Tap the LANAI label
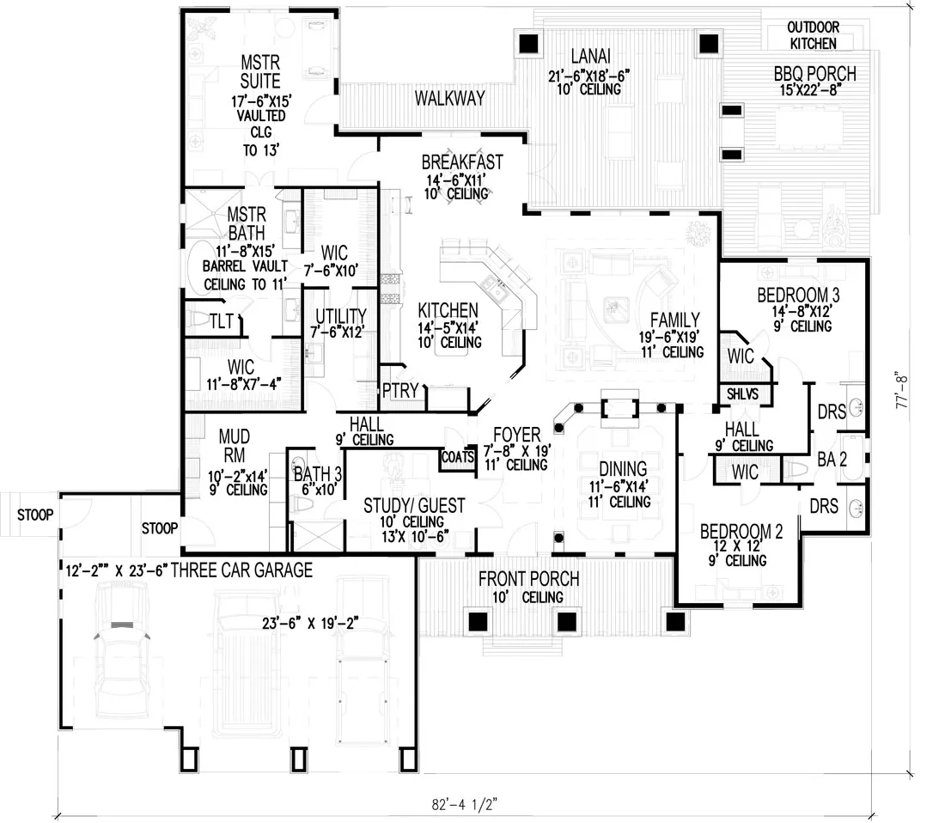click(x=590, y=58)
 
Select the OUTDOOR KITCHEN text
click(x=814, y=34)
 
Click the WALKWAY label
click(x=449, y=98)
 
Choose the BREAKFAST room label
click(x=461, y=162)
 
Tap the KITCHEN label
click(x=448, y=310)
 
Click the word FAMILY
click(x=674, y=320)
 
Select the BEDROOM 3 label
click(x=798, y=296)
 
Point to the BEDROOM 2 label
click(x=741, y=531)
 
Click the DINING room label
click(x=623, y=469)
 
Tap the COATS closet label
click(x=457, y=458)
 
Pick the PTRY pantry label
click(x=400, y=392)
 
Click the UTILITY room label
click(x=340, y=316)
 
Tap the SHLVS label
click(x=743, y=393)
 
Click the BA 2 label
click(x=832, y=460)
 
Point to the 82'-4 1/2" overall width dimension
click(x=464, y=806)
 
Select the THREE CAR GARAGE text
click(x=241, y=570)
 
